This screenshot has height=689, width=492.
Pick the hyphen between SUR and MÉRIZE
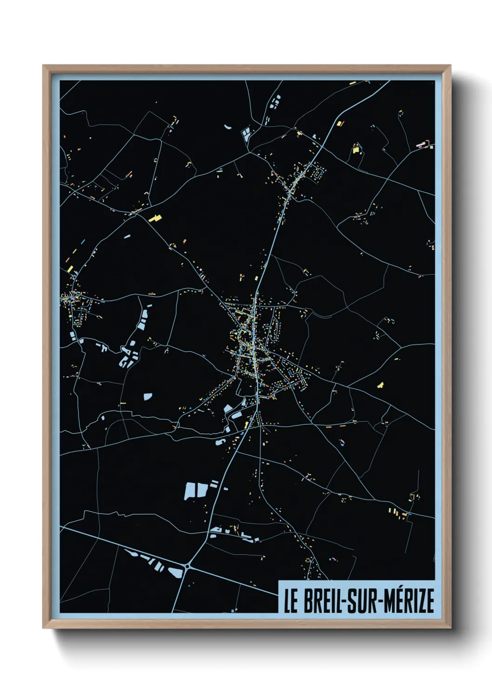tap(383, 602)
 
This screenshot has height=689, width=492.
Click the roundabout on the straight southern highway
tap(187, 566)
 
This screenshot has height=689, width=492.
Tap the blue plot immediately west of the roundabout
tap(174, 572)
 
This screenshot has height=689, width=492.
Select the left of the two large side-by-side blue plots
tap(190, 491)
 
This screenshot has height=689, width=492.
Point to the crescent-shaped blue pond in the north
tap(228, 126)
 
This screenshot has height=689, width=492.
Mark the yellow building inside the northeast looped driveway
tap(356, 149)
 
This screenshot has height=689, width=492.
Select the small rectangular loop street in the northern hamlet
tap(319, 174)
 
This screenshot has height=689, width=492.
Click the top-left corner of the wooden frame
tap(43, 66)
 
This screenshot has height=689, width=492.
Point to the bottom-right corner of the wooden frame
tap(450, 628)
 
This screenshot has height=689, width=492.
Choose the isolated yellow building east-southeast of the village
tap(380, 385)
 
